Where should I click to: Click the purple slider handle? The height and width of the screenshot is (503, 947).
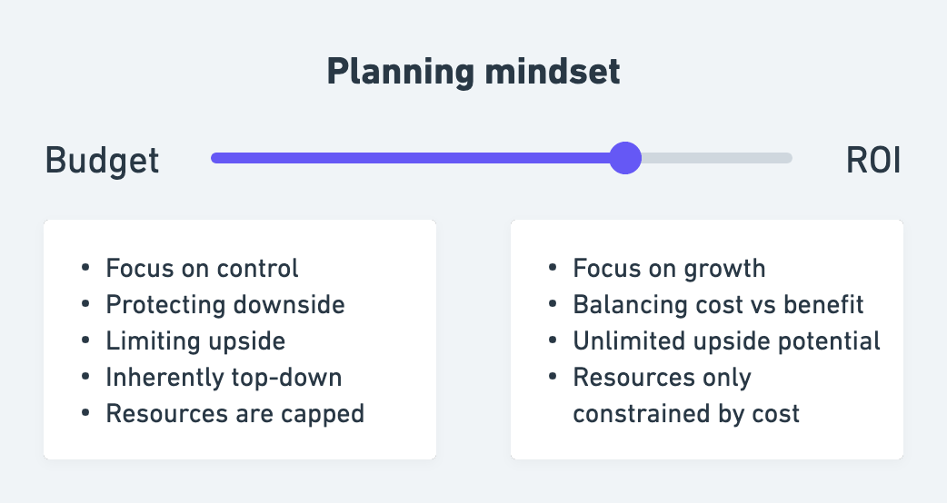(625, 158)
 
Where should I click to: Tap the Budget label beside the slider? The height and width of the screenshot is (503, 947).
(102, 161)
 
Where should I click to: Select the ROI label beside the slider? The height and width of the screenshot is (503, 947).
(873, 161)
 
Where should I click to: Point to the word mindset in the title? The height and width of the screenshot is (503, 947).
(552, 71)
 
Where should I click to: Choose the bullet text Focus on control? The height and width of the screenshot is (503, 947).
(202, 269)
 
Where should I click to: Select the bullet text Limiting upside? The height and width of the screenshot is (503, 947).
(195, 341)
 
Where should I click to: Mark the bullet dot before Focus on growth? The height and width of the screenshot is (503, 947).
(553, 267)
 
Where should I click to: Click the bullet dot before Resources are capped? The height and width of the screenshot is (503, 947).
(85, 412)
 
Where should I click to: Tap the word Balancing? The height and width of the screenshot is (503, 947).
(629, 305)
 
